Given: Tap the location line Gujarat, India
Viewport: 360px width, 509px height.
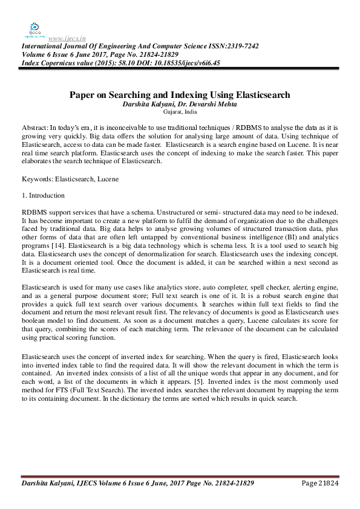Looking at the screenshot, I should (x=180, y=112).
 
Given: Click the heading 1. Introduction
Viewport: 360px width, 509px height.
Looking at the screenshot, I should (x=43, y=196).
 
